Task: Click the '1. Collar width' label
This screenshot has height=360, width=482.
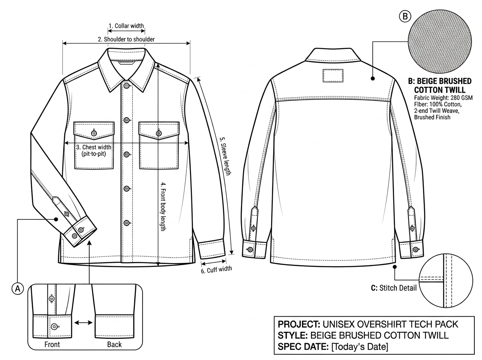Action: (x=126, y=26)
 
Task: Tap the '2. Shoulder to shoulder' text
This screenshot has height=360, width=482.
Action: (x=126, y=39)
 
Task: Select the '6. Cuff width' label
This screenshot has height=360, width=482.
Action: (x=216, y=270)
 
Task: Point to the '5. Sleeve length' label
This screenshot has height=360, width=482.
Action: (x=225, y=156)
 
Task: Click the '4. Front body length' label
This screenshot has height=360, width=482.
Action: (x=163, y=207)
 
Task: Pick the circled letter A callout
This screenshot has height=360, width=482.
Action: (x=18, y=288)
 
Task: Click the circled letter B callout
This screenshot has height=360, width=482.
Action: (x=405, y=16)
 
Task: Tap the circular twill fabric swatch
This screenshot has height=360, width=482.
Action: (x=440, y=41)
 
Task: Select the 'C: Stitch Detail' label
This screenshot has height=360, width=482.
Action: (x=394, y=288)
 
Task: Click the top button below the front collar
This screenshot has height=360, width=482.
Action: (x=127, y=86)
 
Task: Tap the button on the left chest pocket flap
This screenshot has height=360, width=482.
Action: (x=94, y=133)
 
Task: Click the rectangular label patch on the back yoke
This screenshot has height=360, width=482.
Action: (x=333, y=76)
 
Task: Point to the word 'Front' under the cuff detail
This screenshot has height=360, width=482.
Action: (x=52, y=344)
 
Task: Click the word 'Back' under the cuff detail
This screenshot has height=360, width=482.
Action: (x=114, y=344)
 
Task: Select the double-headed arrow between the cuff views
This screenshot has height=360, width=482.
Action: (x=84, y=323)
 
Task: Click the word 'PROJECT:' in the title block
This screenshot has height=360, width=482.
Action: (x=299, y=324)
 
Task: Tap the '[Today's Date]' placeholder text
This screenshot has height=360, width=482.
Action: (x=359, y=347)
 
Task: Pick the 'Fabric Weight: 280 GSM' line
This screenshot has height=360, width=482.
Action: (x=443, y=98)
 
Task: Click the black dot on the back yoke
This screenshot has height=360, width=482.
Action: (x=373, y=78)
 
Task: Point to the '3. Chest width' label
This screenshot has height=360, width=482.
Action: (x=94, y=147)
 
